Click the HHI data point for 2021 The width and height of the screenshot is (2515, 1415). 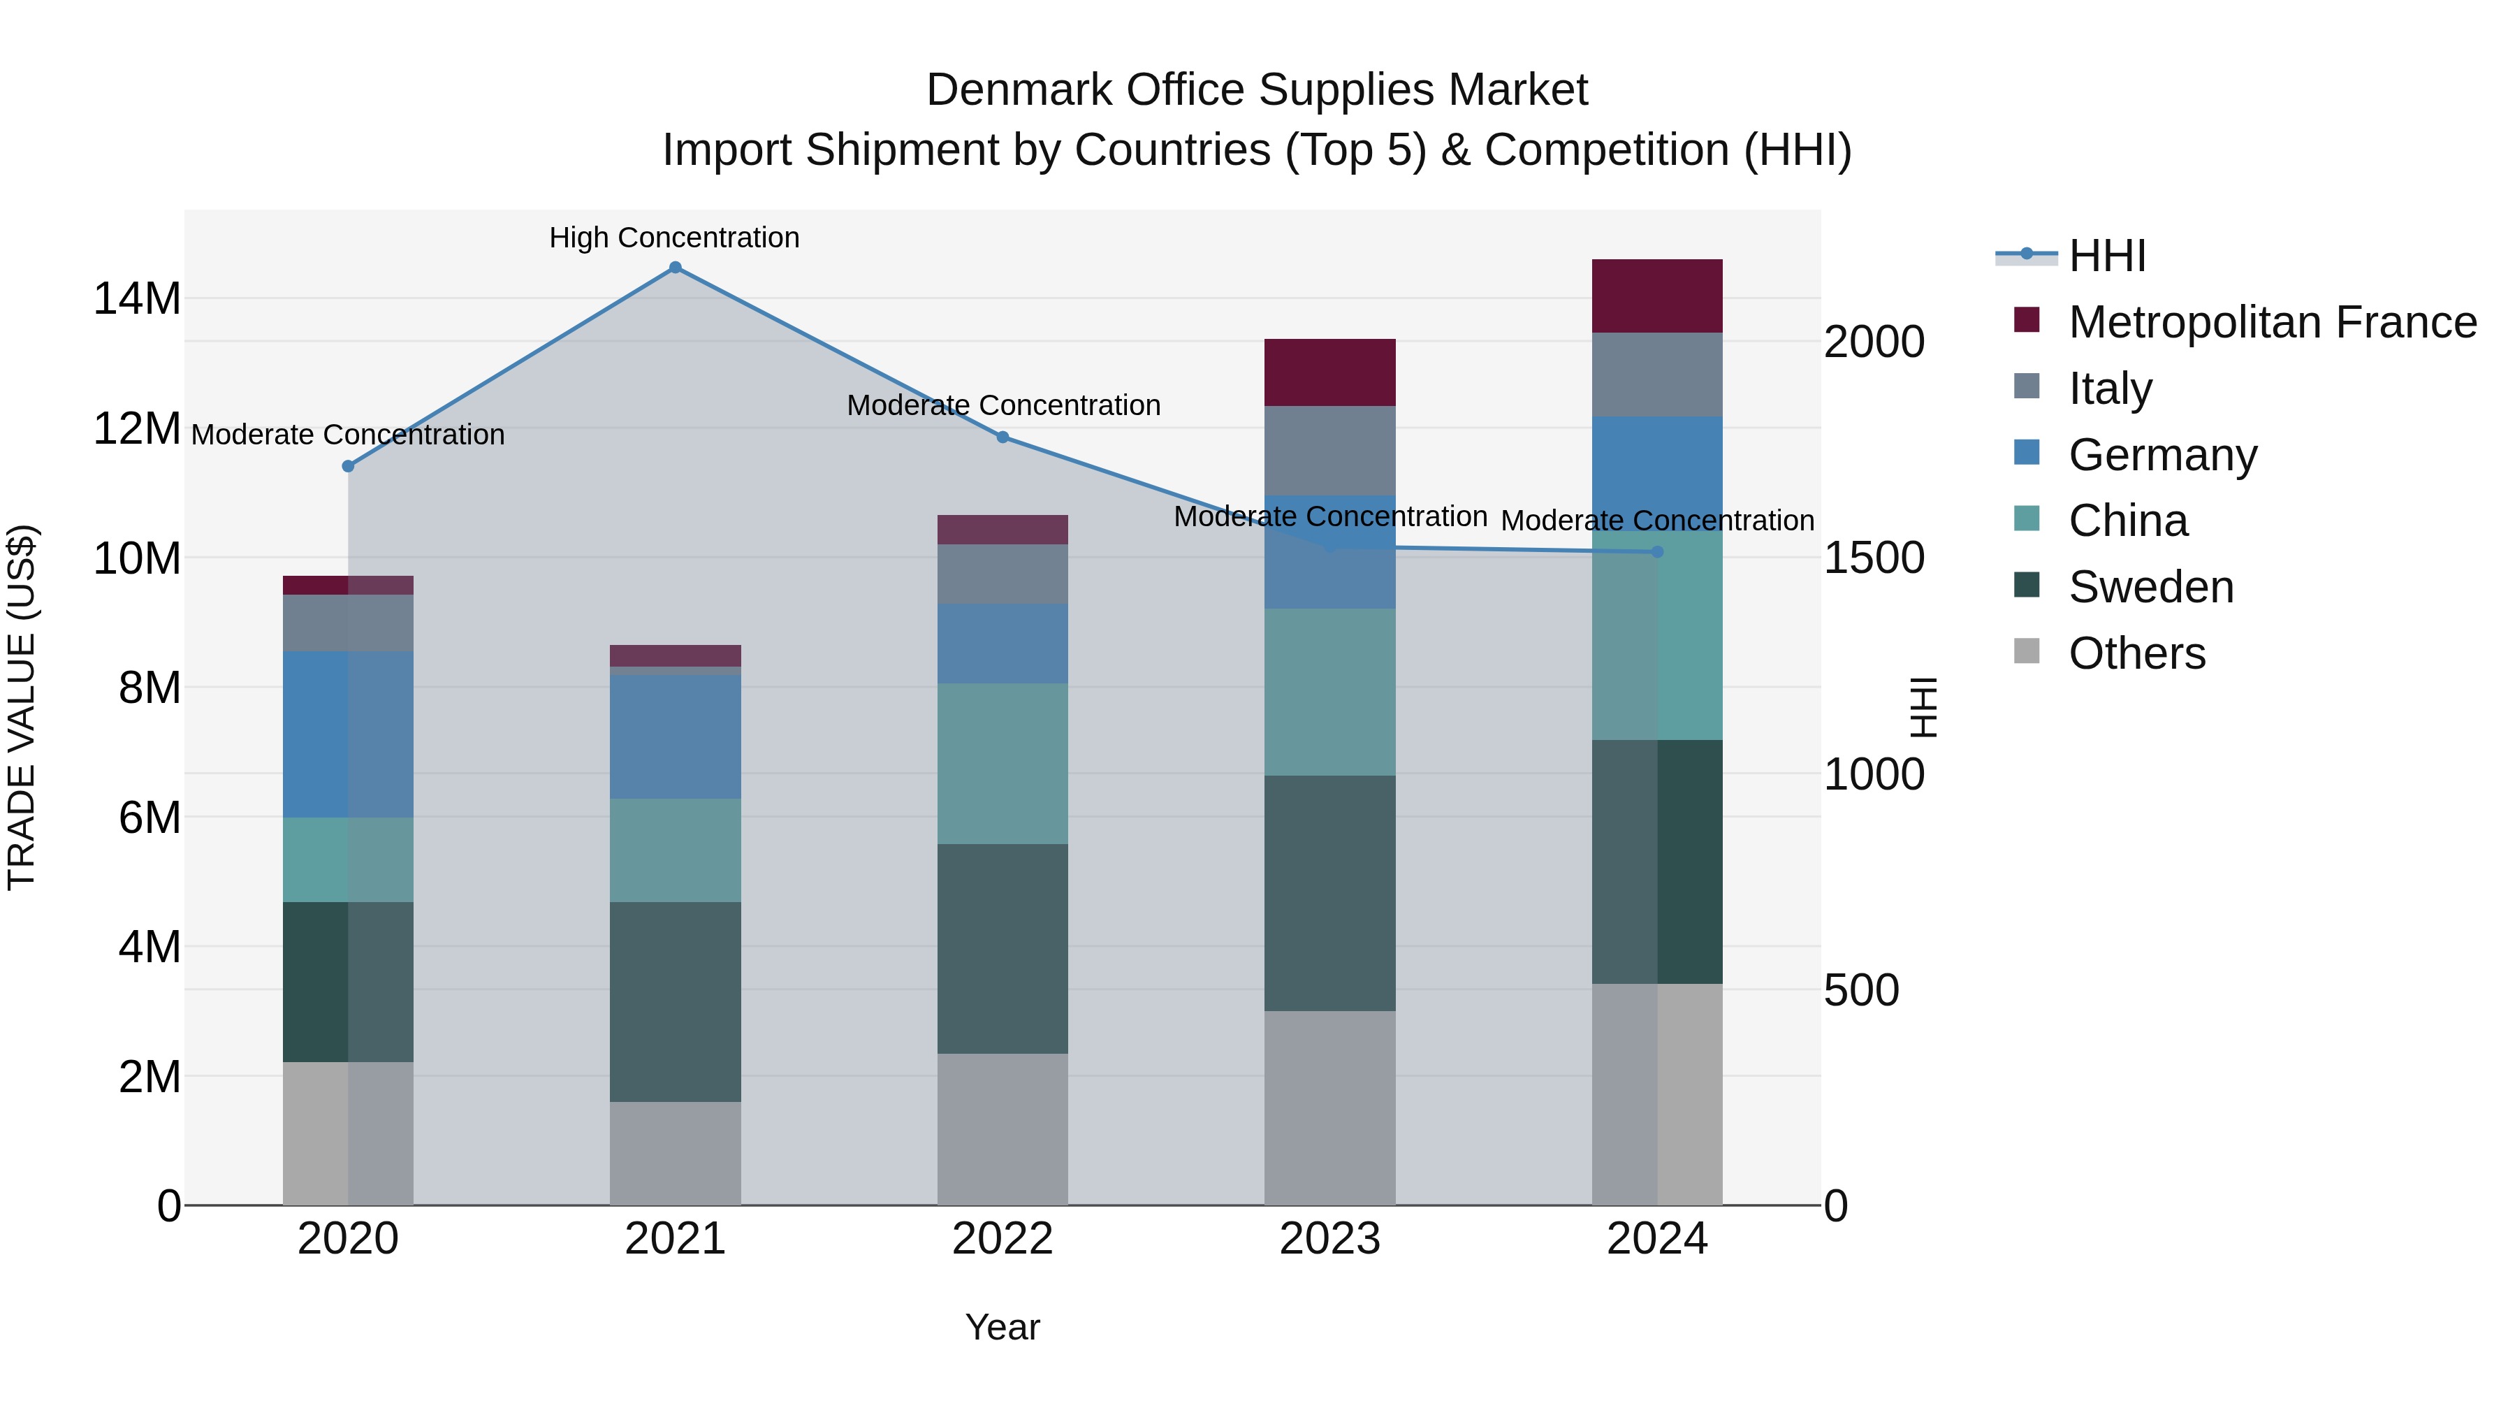[x=675, y=268]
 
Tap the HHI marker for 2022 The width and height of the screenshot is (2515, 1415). [x=1003, y=437]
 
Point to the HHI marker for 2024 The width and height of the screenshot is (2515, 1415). [x=1657, y=552]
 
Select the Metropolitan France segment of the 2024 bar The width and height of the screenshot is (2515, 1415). [x=1657, y=296]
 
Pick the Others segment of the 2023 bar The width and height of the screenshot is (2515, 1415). [x=1329, y=1108]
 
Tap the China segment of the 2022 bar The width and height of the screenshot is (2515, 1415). [x=1003, y=764]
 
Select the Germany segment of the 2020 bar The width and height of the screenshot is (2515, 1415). [x=348, y=734]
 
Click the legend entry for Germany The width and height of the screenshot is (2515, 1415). [x=2162, y=455]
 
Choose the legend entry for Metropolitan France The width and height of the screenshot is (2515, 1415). [x=2272, y=322]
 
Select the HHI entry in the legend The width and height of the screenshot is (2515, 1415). [x=2107, y=256]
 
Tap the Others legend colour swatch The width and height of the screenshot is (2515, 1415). [x=2027, y=651]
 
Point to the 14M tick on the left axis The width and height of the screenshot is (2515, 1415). [x=137, y=298]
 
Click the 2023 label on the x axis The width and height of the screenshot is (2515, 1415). [x=1329, y=1239]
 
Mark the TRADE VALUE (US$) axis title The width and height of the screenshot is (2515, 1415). [x=22, y=707]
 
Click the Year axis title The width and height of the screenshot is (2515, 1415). [x=1003, y=1327]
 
